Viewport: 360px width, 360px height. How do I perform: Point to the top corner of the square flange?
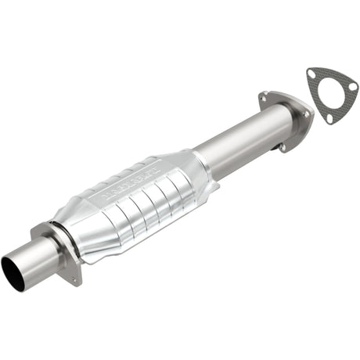(x=37, y=229)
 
